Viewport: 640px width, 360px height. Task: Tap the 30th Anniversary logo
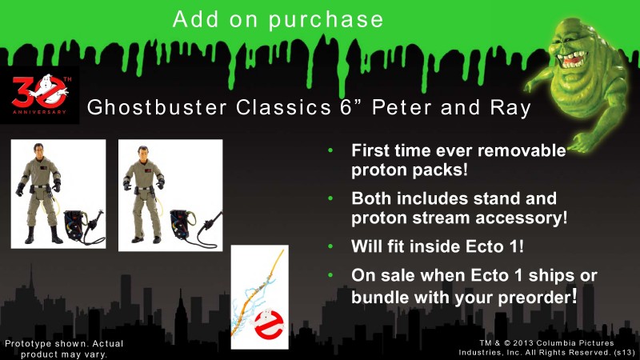point(39,94)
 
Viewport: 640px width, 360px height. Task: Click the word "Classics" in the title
point(283,108)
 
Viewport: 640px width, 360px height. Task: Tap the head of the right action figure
point(143,154)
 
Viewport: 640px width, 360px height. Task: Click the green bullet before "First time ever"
point(330,150)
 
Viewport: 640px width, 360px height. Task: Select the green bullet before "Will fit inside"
point(330,246)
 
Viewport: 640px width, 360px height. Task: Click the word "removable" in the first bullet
point(522,150)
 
